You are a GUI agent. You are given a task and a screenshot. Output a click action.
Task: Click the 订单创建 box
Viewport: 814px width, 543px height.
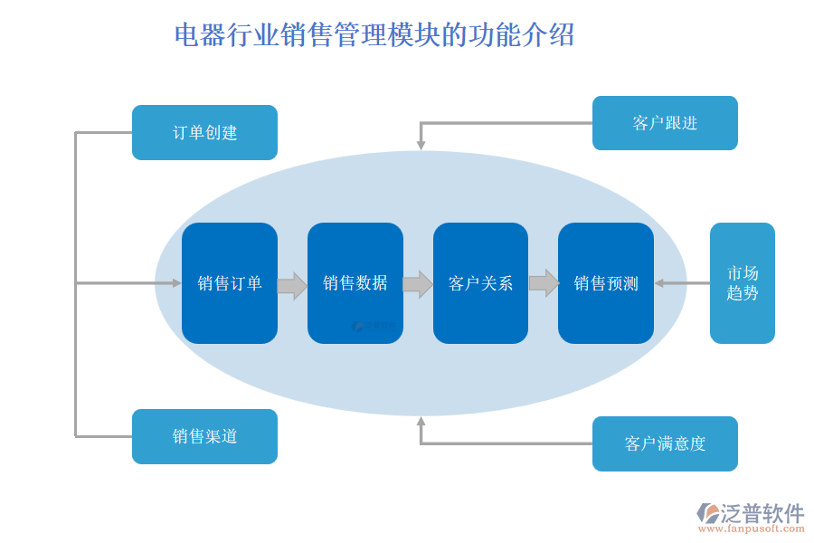(204, 132)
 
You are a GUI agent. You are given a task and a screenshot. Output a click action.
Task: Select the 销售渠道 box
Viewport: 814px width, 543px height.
(204, 436)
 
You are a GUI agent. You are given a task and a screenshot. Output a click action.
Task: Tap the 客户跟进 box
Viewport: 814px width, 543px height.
(665, 123)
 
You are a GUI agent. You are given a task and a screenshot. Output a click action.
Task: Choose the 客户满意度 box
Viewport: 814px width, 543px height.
(665, 443)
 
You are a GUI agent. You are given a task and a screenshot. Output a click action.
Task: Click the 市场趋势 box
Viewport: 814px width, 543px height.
(742, 283)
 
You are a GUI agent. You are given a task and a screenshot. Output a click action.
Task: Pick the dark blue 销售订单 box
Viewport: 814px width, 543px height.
(230, 283)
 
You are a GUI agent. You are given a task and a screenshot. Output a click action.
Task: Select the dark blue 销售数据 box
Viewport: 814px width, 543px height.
(355, 283)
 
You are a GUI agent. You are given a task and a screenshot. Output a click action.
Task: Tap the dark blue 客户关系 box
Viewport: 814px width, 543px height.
(480, 283)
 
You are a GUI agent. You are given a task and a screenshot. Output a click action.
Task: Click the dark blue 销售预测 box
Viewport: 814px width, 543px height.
(605, 283)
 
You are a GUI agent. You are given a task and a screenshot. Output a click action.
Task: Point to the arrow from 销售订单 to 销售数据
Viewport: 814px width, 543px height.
(292, 285)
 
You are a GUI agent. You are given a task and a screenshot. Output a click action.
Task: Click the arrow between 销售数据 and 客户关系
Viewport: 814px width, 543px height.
(418, 284)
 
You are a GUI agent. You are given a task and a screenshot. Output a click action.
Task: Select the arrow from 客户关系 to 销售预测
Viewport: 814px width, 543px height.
(544, 283)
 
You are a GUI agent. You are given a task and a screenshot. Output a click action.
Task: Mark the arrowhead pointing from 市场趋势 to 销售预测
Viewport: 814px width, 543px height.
(659, 283)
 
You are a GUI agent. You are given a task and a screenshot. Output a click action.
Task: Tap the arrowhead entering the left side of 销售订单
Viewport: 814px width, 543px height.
(177, 283)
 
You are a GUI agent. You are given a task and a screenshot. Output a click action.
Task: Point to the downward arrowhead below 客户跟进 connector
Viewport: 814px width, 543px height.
(421, 144)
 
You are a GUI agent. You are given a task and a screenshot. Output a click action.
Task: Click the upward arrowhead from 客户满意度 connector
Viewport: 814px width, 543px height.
(421, 421)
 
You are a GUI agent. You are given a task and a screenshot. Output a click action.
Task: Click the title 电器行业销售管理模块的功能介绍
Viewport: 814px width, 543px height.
(374, 35)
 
